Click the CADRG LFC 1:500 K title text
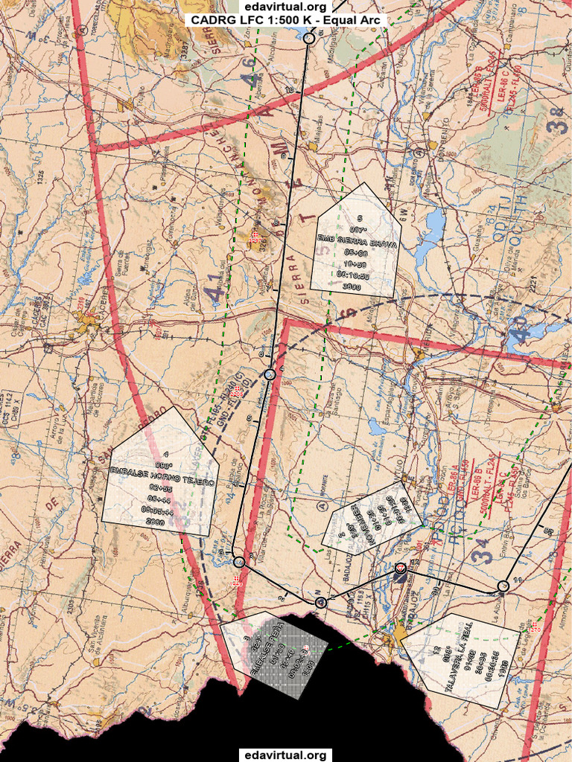tap(286, 20)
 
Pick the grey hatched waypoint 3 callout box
tap(275, 654)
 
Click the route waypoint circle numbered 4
tap(270, 374)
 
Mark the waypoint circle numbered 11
tap(503, 586)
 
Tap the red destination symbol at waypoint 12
tap(401, 568)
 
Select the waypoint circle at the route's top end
tap(310, 37)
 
